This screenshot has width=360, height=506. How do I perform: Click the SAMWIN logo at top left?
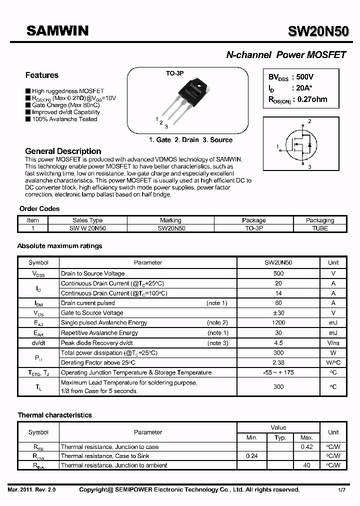(57, 31)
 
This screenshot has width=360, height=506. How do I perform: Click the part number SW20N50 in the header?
(318, 31)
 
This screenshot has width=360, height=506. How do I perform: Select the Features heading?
(42, 75)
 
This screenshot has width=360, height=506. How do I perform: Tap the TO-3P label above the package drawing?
(175, 73)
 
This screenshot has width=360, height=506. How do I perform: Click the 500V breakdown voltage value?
(305, 77)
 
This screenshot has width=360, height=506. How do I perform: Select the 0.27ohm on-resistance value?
(312, 99)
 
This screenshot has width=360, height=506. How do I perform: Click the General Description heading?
(63, 151)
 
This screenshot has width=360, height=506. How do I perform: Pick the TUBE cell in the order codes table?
(320, 228)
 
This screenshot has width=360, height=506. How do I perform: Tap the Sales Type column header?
(87, 220)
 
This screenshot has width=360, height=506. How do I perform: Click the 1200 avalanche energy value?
(278, 323)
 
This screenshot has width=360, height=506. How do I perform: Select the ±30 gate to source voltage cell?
(278, 313)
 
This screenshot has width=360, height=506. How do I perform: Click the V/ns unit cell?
(333, 343)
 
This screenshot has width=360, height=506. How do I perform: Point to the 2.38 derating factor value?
(278, 362)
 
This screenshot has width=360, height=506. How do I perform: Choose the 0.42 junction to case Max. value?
(307, 447)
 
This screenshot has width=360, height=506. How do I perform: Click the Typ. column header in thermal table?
(280, 437)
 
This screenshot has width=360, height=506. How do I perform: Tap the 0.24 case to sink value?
(252, 456)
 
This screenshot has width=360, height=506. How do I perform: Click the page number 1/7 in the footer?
(342, 490)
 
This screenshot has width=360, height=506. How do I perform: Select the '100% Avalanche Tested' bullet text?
(64, 119)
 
